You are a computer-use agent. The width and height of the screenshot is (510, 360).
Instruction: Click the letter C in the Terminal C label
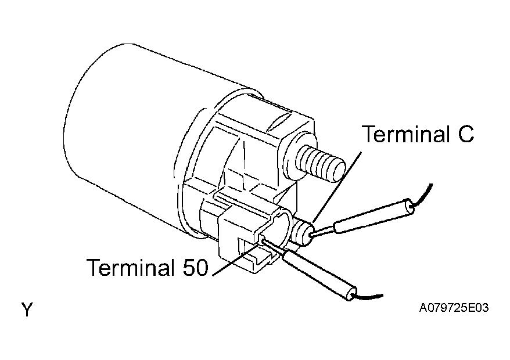pos(466,134)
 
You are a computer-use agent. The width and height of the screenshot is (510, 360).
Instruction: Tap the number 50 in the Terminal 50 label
pos(195,267)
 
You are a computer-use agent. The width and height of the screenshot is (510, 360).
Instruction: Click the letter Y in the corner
pos(27,309)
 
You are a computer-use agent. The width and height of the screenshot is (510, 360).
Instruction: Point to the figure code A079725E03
pos(454,307)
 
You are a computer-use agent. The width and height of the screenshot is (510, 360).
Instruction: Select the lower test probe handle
pos(320,274)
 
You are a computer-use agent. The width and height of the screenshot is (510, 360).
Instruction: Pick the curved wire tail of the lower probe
pos(368,297)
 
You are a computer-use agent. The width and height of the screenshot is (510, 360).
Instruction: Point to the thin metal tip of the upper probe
pos(324,229)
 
